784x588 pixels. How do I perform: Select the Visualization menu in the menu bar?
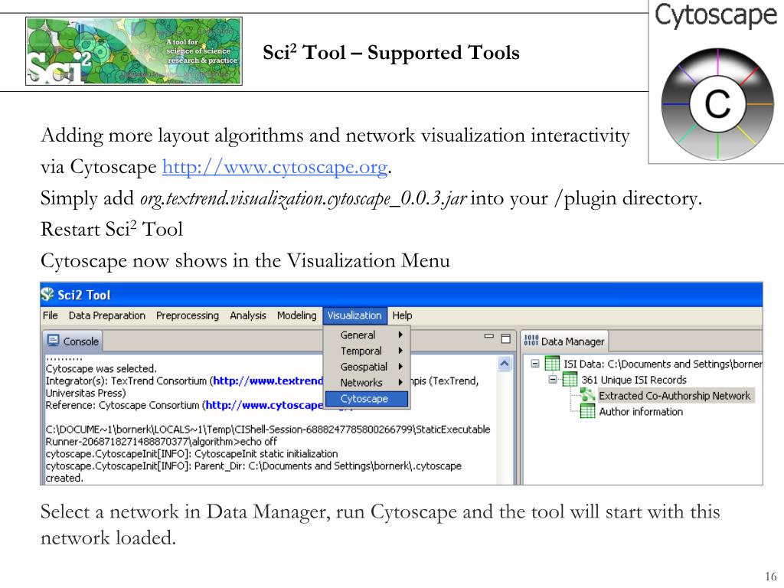[354, 315]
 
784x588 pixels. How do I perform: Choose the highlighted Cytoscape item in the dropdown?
[364, 399]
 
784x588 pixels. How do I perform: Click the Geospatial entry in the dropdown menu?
[364, 367]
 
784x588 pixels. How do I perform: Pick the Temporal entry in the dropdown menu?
[361, 351]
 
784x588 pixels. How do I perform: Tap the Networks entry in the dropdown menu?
[361, 383]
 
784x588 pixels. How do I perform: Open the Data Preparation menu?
[106, 315]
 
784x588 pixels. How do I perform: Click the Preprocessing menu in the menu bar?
[187, 315]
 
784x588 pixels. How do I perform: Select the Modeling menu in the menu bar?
[296, 315]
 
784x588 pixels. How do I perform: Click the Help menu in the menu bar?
[402, 315]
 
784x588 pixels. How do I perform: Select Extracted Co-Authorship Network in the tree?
[674, 396]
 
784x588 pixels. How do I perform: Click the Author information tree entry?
[641, 412]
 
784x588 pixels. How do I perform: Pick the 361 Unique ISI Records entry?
[634, 380]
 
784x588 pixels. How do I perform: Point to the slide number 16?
[770, 577]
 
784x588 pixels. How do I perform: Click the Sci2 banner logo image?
[134, 52]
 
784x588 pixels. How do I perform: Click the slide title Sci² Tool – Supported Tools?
[391, 54]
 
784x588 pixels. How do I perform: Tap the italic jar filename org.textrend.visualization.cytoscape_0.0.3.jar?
[302, 199]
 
